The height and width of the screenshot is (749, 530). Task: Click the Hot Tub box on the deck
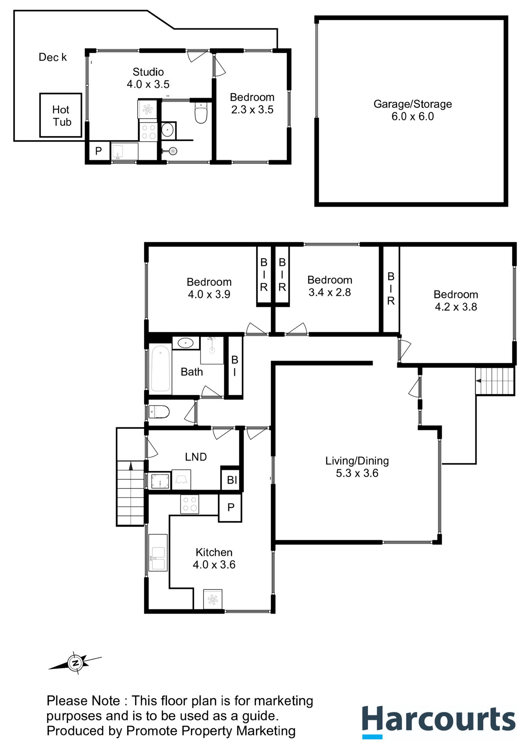click(x=60, y=115)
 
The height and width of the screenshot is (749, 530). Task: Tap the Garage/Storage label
click(x=413, y=104)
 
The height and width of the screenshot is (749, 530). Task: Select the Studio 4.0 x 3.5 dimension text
click(x=148, y=84)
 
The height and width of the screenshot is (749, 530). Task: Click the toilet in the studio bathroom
click(x=201, y=113)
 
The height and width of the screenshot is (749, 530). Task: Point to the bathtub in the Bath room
click(x=160, y=368)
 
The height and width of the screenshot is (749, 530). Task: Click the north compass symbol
click(x=75, y=662)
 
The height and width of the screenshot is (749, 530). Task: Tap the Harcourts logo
click(x=439, y=722)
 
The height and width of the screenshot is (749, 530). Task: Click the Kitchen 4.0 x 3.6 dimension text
click(x=214, y=564)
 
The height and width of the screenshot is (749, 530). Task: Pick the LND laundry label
click(x=196, y=457)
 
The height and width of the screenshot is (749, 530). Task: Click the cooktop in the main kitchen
click(x=190, y=504)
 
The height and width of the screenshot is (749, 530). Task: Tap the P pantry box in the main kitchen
click(x=230, y=508)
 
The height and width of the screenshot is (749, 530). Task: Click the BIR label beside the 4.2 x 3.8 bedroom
click(x=391, y=289)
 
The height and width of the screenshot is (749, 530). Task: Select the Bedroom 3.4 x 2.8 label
click(x=330, y=286)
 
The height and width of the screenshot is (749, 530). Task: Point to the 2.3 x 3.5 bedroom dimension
click(x=252, y=110)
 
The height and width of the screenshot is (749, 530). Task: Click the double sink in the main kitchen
click(x=158, y=553)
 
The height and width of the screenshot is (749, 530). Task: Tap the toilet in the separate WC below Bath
click(x=159, y=412)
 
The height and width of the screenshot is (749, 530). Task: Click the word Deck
click(x=53, y=57)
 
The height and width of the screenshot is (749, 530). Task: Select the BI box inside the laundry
click(x=232, y=479)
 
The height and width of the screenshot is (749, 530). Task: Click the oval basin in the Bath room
click(x=185, y=343)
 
